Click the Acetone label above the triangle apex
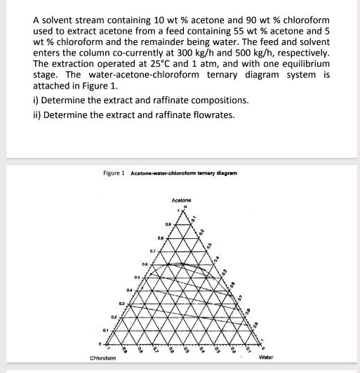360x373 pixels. pyautogui.click(x=180, y=200)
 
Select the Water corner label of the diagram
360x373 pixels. pyautogui.click(x=265, y=357)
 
